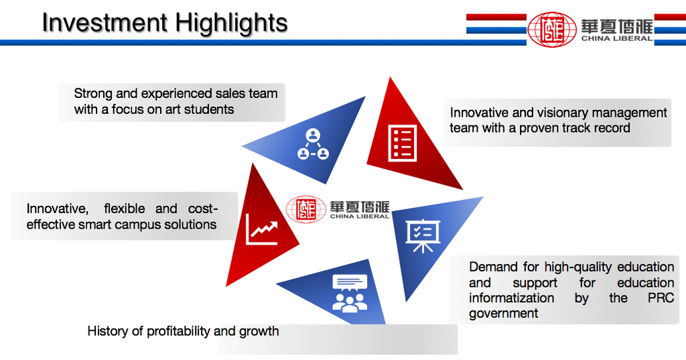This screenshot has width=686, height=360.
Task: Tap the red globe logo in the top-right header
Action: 552,29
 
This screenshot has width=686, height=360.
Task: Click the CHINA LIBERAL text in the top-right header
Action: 617,38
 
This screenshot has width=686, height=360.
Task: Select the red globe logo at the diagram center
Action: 305,209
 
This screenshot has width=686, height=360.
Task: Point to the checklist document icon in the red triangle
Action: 402,143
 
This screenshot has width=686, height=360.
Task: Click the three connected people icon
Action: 313,144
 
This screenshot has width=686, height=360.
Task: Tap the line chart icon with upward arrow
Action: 262,229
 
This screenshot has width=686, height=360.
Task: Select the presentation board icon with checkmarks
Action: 423,235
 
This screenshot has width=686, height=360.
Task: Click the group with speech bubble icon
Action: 350,293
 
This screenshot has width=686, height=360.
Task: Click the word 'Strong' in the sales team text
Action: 93,94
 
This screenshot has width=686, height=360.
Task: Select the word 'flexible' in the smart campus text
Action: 124,208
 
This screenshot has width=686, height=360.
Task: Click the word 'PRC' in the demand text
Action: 661,298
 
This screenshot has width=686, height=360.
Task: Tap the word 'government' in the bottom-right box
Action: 504,314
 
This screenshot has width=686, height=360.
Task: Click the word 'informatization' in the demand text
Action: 511,298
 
